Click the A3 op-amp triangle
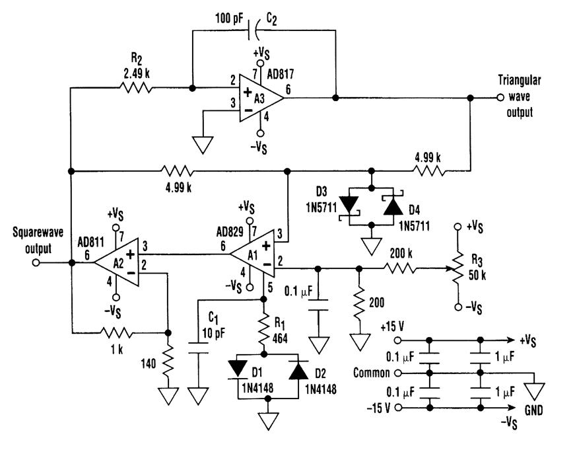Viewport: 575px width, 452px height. coord(257,98)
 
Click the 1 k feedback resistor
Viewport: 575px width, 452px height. coord(116,332)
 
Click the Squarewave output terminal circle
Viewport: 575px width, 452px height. coord(36,262)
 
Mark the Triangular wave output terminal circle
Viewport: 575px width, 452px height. coord(500,98)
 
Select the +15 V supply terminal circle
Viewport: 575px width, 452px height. coord(397,340)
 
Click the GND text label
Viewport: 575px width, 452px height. coord(532,409)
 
